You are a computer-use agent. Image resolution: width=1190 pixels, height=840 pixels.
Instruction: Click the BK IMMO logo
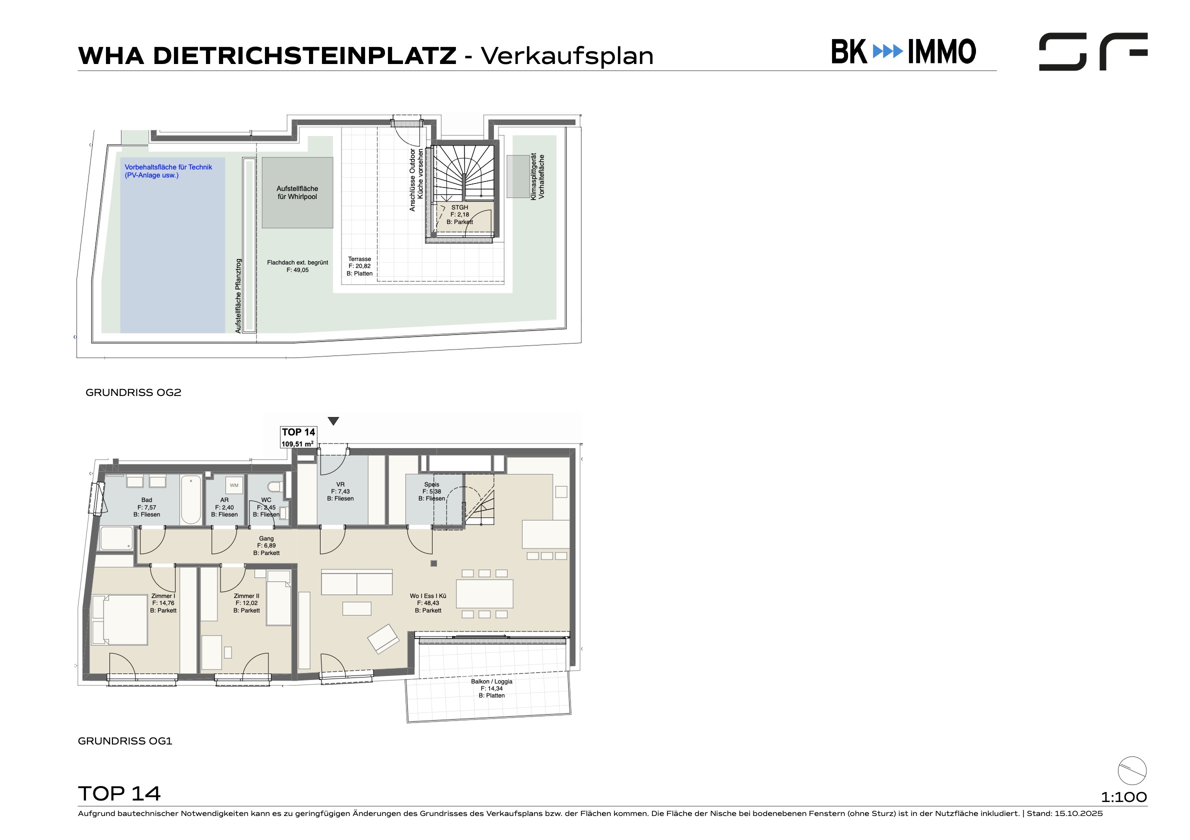[x=903, y=52]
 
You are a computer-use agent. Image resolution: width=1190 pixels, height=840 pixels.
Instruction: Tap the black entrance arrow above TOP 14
[x=333, y=421]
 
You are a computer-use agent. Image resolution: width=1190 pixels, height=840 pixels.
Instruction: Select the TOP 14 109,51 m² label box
[x=298, y=437]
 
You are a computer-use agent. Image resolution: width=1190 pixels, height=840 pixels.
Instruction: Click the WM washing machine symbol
[x=234, y=485]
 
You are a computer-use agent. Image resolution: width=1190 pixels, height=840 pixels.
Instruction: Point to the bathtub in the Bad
[x=190, y=500]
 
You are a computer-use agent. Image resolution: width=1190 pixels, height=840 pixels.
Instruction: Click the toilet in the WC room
[x=274, y=486]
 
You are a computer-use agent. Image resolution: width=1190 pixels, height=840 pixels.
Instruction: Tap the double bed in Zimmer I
[x=119, y=620]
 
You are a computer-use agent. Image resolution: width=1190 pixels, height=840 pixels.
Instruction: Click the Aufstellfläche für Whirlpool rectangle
[x=297, y=193]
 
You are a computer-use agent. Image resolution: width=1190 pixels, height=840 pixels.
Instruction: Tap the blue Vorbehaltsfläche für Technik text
[x=168, y=171]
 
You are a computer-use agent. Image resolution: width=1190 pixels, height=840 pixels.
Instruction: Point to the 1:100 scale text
[x=1123, y=797]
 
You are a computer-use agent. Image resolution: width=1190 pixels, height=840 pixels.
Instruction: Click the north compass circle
[x=1132, y=770]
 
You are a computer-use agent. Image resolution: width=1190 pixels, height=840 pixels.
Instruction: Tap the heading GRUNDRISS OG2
[x=133, y=392]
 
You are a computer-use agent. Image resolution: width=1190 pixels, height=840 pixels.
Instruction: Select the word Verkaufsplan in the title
[x=567, y=56]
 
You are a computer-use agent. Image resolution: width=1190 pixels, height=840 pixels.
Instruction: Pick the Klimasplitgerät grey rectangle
[x=518, y=176]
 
